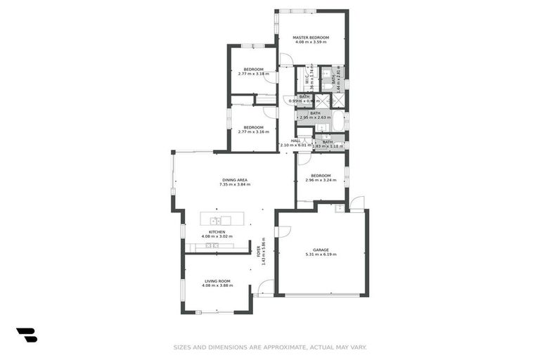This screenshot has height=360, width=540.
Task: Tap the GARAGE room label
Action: coord(321,249)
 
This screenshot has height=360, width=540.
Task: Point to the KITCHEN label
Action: coord(216,231)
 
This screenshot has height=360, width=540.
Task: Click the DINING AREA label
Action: coord(233,180)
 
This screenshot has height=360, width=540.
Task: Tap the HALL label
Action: coord(295,141)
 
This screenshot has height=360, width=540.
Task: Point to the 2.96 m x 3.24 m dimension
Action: coord(321,180)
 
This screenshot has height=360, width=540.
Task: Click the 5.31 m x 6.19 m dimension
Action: coord(321,254)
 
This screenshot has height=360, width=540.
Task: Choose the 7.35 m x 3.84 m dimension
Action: coord(233,185)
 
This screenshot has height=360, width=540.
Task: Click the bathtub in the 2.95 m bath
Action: coord(338,121)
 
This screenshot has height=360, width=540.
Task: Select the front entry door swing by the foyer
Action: coord(266,288)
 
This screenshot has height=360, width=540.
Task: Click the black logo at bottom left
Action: coord(27,335)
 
